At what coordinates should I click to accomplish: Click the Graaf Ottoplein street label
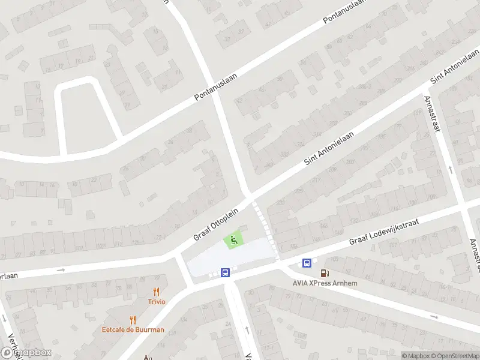click(216, 224)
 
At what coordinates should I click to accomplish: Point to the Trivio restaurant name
click(157, 301)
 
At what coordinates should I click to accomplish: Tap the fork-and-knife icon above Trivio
click(157, 292)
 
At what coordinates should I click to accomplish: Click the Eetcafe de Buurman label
click(133, 329)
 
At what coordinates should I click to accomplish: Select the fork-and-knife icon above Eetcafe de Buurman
click(133, 320)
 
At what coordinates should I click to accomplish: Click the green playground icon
click(233, 241)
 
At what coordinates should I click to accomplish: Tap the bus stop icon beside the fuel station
click(307, 262)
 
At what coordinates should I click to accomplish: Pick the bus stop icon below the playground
click(226, 272)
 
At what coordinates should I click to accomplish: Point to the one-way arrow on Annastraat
click(451, 170)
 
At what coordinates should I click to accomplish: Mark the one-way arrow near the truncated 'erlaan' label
click(61, 270)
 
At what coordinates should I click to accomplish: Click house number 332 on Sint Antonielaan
click(284, 155)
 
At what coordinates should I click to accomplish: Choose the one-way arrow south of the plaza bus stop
click(247, 329)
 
